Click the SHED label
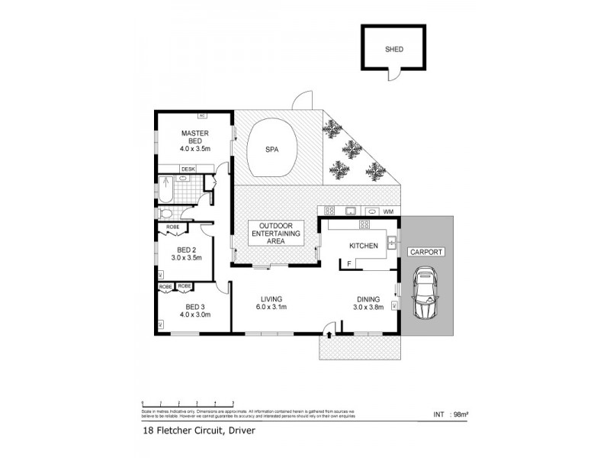394,50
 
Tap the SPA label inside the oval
271,150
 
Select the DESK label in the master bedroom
188,169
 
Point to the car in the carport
423,294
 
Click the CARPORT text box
426,251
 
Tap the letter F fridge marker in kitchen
348,263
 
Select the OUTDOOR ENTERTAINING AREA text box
271,233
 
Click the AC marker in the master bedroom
202,115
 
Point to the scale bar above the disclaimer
188,402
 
